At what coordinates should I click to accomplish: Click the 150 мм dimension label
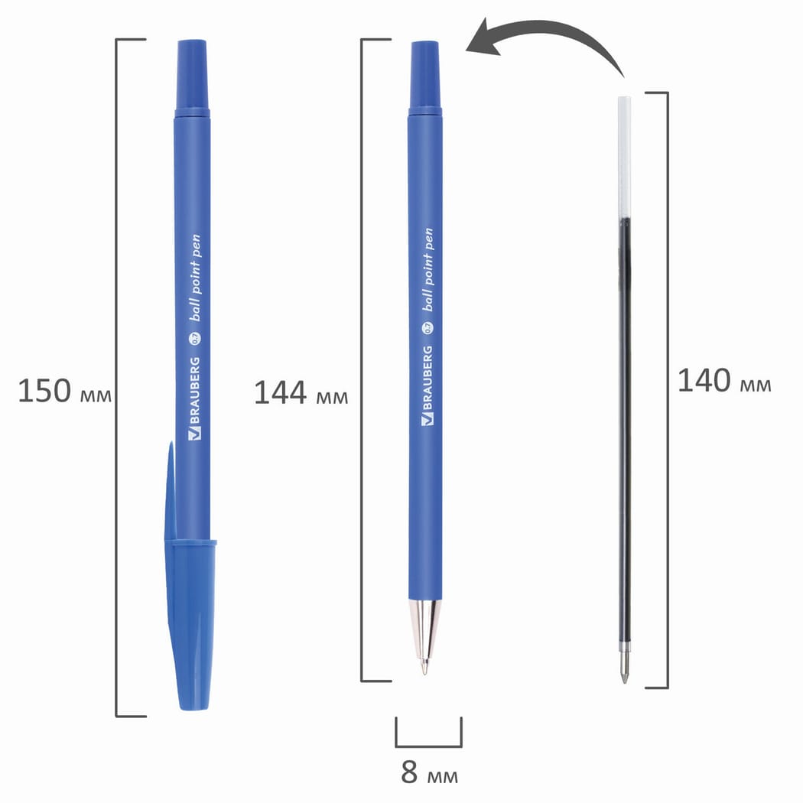coord(64,392)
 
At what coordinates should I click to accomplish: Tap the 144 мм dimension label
coord(301,393)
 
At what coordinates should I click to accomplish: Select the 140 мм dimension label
coord(724,381)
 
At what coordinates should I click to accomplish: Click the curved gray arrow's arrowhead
coord(484,38)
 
